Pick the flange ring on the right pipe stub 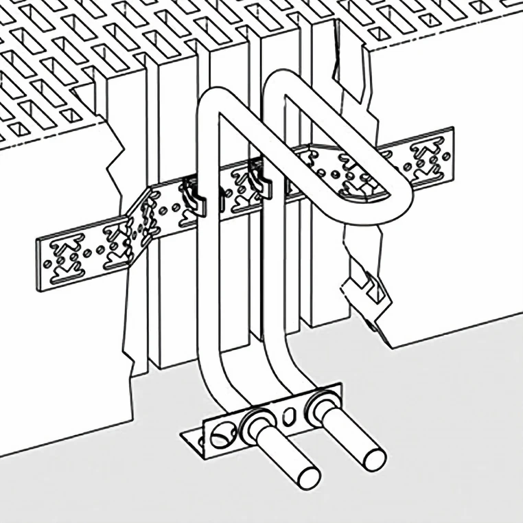click(x=321, y=405)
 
